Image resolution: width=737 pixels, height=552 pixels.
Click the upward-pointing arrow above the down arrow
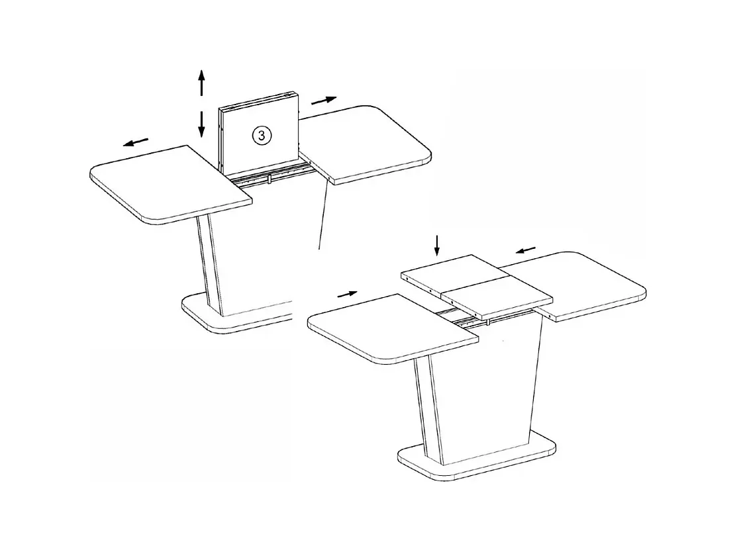pos(202,83)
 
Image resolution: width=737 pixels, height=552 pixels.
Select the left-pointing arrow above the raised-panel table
pos(136,142)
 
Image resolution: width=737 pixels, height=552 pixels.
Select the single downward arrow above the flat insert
pos(436,245)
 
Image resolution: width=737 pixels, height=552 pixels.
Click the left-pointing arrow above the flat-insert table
pos(526,250)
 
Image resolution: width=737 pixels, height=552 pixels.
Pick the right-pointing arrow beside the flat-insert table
pos(347,293)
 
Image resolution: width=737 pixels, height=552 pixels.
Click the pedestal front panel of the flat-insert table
pos(490,384)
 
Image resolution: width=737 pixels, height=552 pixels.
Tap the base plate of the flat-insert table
pos(477,460)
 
